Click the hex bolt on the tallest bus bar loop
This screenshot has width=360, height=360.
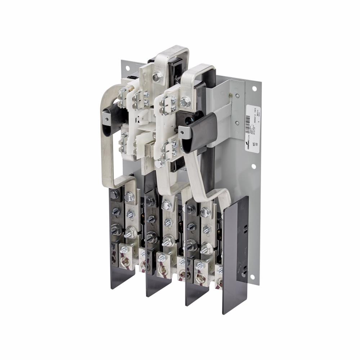(x=157, y=76)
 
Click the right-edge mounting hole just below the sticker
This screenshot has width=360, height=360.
(x=253, y=166)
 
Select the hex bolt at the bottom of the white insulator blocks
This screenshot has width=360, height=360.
(x=158, y=163)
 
